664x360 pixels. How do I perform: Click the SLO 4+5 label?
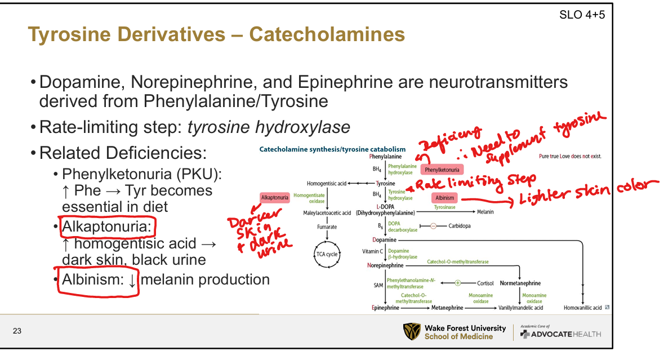(582, 15)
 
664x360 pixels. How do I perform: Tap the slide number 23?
(17, 331)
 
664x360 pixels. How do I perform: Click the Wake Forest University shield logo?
(412, 331)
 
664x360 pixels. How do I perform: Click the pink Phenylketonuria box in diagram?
(442, 170)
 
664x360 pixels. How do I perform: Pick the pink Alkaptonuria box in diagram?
(274, 198)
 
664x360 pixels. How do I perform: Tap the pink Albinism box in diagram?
(444, 198)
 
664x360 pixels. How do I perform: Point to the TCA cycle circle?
(327, 254)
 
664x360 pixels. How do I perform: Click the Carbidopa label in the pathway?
(460, 226)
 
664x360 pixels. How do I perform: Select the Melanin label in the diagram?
(485, 212)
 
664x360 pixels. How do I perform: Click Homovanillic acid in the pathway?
(582, 308)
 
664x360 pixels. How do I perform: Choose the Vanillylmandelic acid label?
(521, 308)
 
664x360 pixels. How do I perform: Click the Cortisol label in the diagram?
(485, 283)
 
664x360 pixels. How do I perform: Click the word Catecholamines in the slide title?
(327, 35)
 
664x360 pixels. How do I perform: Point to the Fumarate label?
(327, 226)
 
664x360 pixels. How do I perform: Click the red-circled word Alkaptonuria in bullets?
(107, 227)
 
